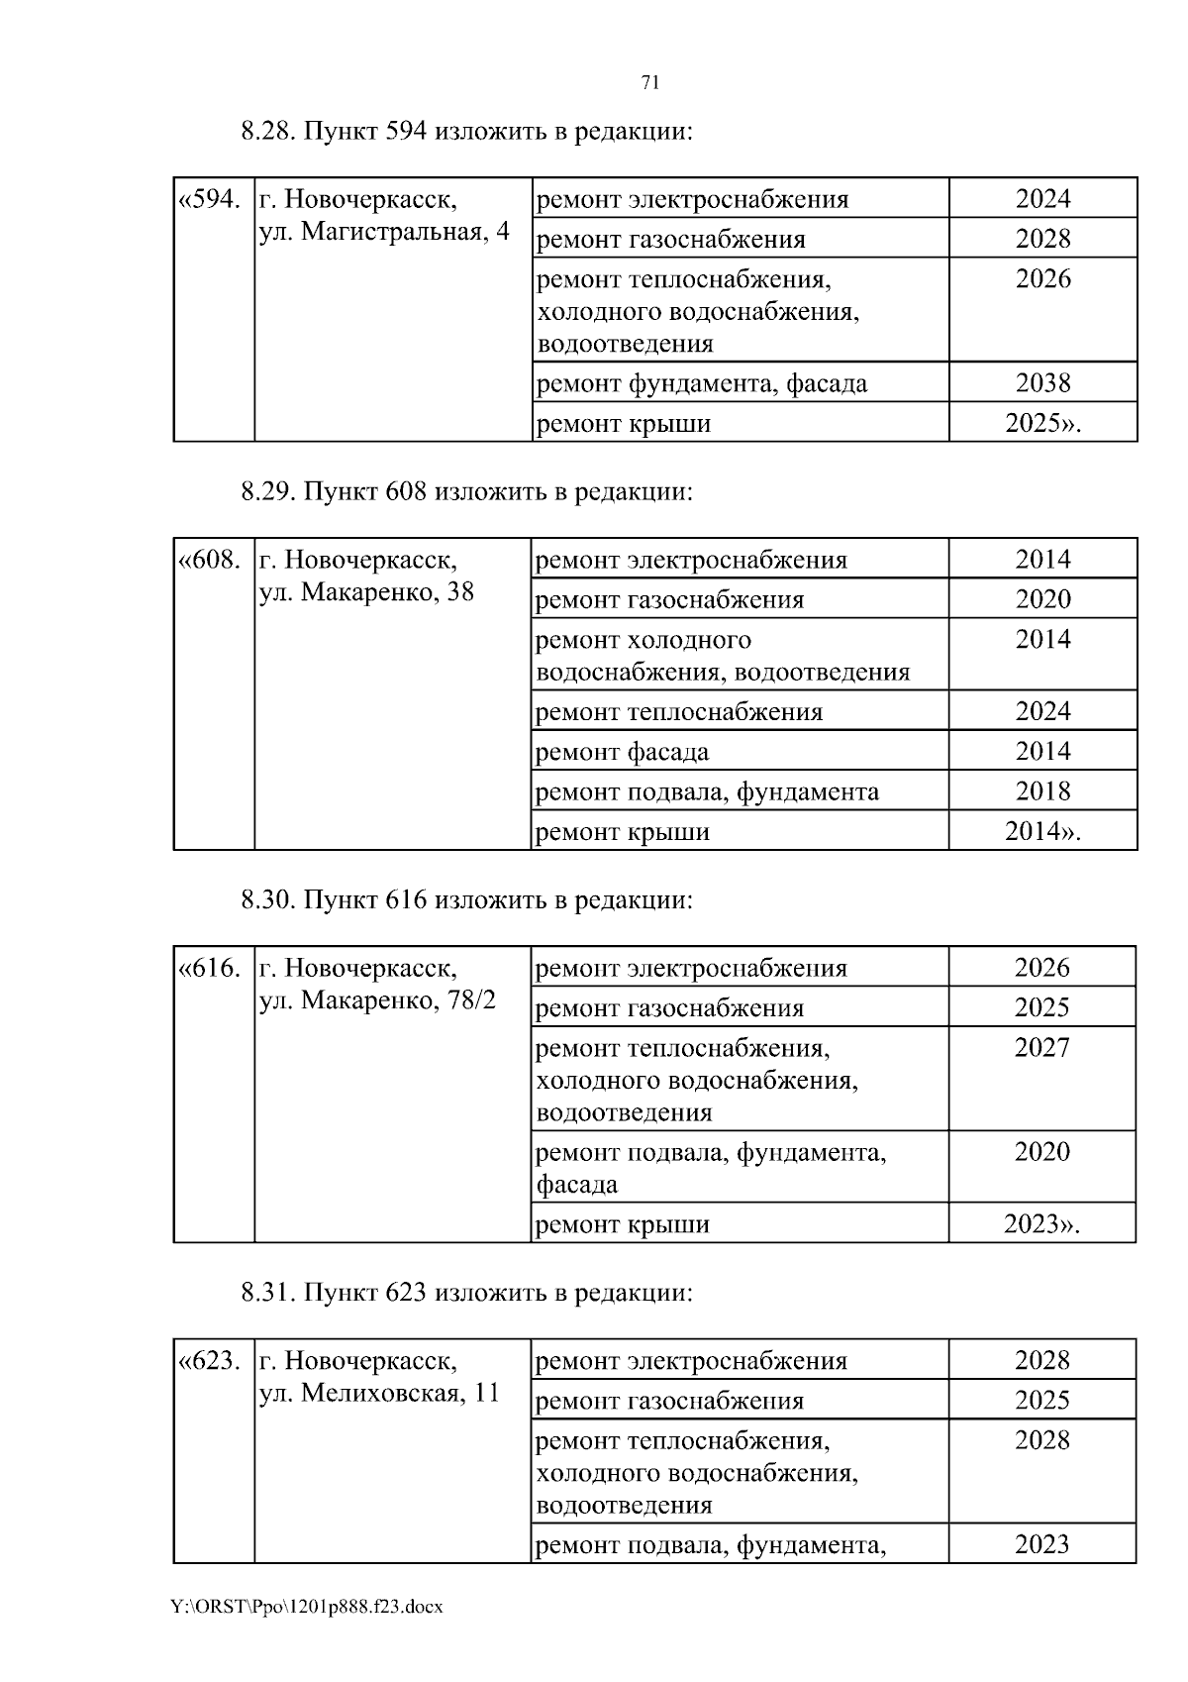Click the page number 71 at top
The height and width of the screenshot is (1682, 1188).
click(x=650, y=83)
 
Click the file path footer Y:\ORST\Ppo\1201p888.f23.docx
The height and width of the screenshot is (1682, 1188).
click(x=307, y=1607)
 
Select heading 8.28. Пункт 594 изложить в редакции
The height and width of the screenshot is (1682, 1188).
click(x=466, y=132)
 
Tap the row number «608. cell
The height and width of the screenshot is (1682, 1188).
click(x=209, y=561)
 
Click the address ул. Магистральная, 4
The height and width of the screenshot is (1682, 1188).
click(x=384, y=232)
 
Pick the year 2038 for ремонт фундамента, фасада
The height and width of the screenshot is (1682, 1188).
click(x=1042, y=383)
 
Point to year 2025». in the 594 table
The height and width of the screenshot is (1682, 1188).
click(x=1042, y=424)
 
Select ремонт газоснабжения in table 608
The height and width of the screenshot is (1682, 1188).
click(x=669, y=600)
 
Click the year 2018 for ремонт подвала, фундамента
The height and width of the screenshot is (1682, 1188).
click(x=1042, y=791)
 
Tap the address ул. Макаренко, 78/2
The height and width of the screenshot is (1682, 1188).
click(x=376, y=1000)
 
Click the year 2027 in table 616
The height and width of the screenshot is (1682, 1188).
click(x=1041, y=1048)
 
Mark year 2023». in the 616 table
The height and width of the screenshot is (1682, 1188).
click(x=1041, y=1224)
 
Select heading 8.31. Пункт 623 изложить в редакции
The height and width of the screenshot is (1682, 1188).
click(x=466, y=1293)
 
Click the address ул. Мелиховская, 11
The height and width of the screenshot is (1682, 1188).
click(x=379, y=1394)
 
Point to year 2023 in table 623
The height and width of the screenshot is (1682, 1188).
click(x=1041, y=1544)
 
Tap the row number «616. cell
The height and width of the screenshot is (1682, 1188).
click(x=209, y=969)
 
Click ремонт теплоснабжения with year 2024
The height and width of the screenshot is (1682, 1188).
click(x=678, y=712)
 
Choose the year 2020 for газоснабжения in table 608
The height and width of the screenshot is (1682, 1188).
click(x=1042, y=599)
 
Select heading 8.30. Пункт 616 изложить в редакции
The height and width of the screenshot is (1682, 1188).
click(x=466, y=900)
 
